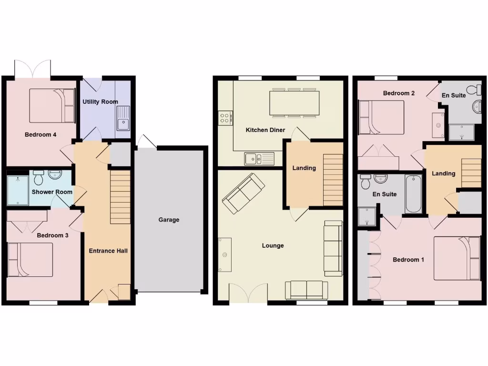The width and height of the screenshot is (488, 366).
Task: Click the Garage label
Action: [x=169, y=220]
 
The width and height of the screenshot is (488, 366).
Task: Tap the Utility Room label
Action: [x=100, y=102]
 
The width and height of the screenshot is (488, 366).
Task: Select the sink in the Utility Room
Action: [x=123, y=118]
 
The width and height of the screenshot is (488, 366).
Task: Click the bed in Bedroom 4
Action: [x=52, y=106]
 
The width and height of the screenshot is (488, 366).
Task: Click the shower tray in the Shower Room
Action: [x=18, y=189]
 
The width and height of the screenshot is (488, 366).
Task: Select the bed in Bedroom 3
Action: [x=30, y=260]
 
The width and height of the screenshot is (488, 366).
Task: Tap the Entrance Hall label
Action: [x=108, y=251]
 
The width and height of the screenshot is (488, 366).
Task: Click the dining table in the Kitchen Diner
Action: [x=295, y=102]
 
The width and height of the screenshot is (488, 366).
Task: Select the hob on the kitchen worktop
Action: [x=225, y=117]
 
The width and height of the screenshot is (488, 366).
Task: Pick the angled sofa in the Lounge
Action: [x=243, y=193]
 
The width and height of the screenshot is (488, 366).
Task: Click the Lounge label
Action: [x=273, y=245]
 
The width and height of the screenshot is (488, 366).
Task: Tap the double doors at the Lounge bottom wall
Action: [x=248, y=294]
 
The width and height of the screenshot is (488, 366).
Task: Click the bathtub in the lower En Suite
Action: [x=413, y=194]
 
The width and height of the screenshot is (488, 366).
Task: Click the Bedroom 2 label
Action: [x=398, y=93]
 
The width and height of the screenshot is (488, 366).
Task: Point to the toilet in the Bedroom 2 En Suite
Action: [x=474, y=90]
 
